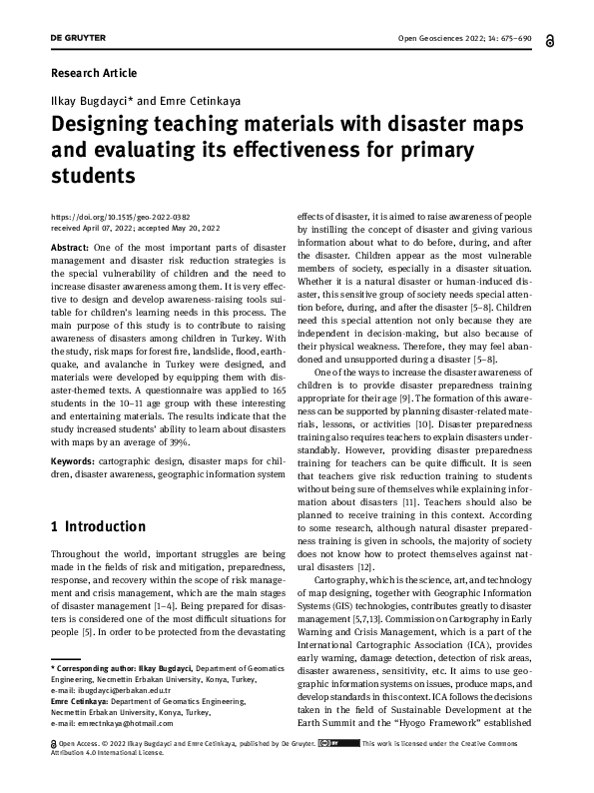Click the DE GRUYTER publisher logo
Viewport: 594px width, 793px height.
(76, 39)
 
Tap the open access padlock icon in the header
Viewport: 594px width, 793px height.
(550, 40)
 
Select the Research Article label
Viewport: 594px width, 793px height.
(93, 74)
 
